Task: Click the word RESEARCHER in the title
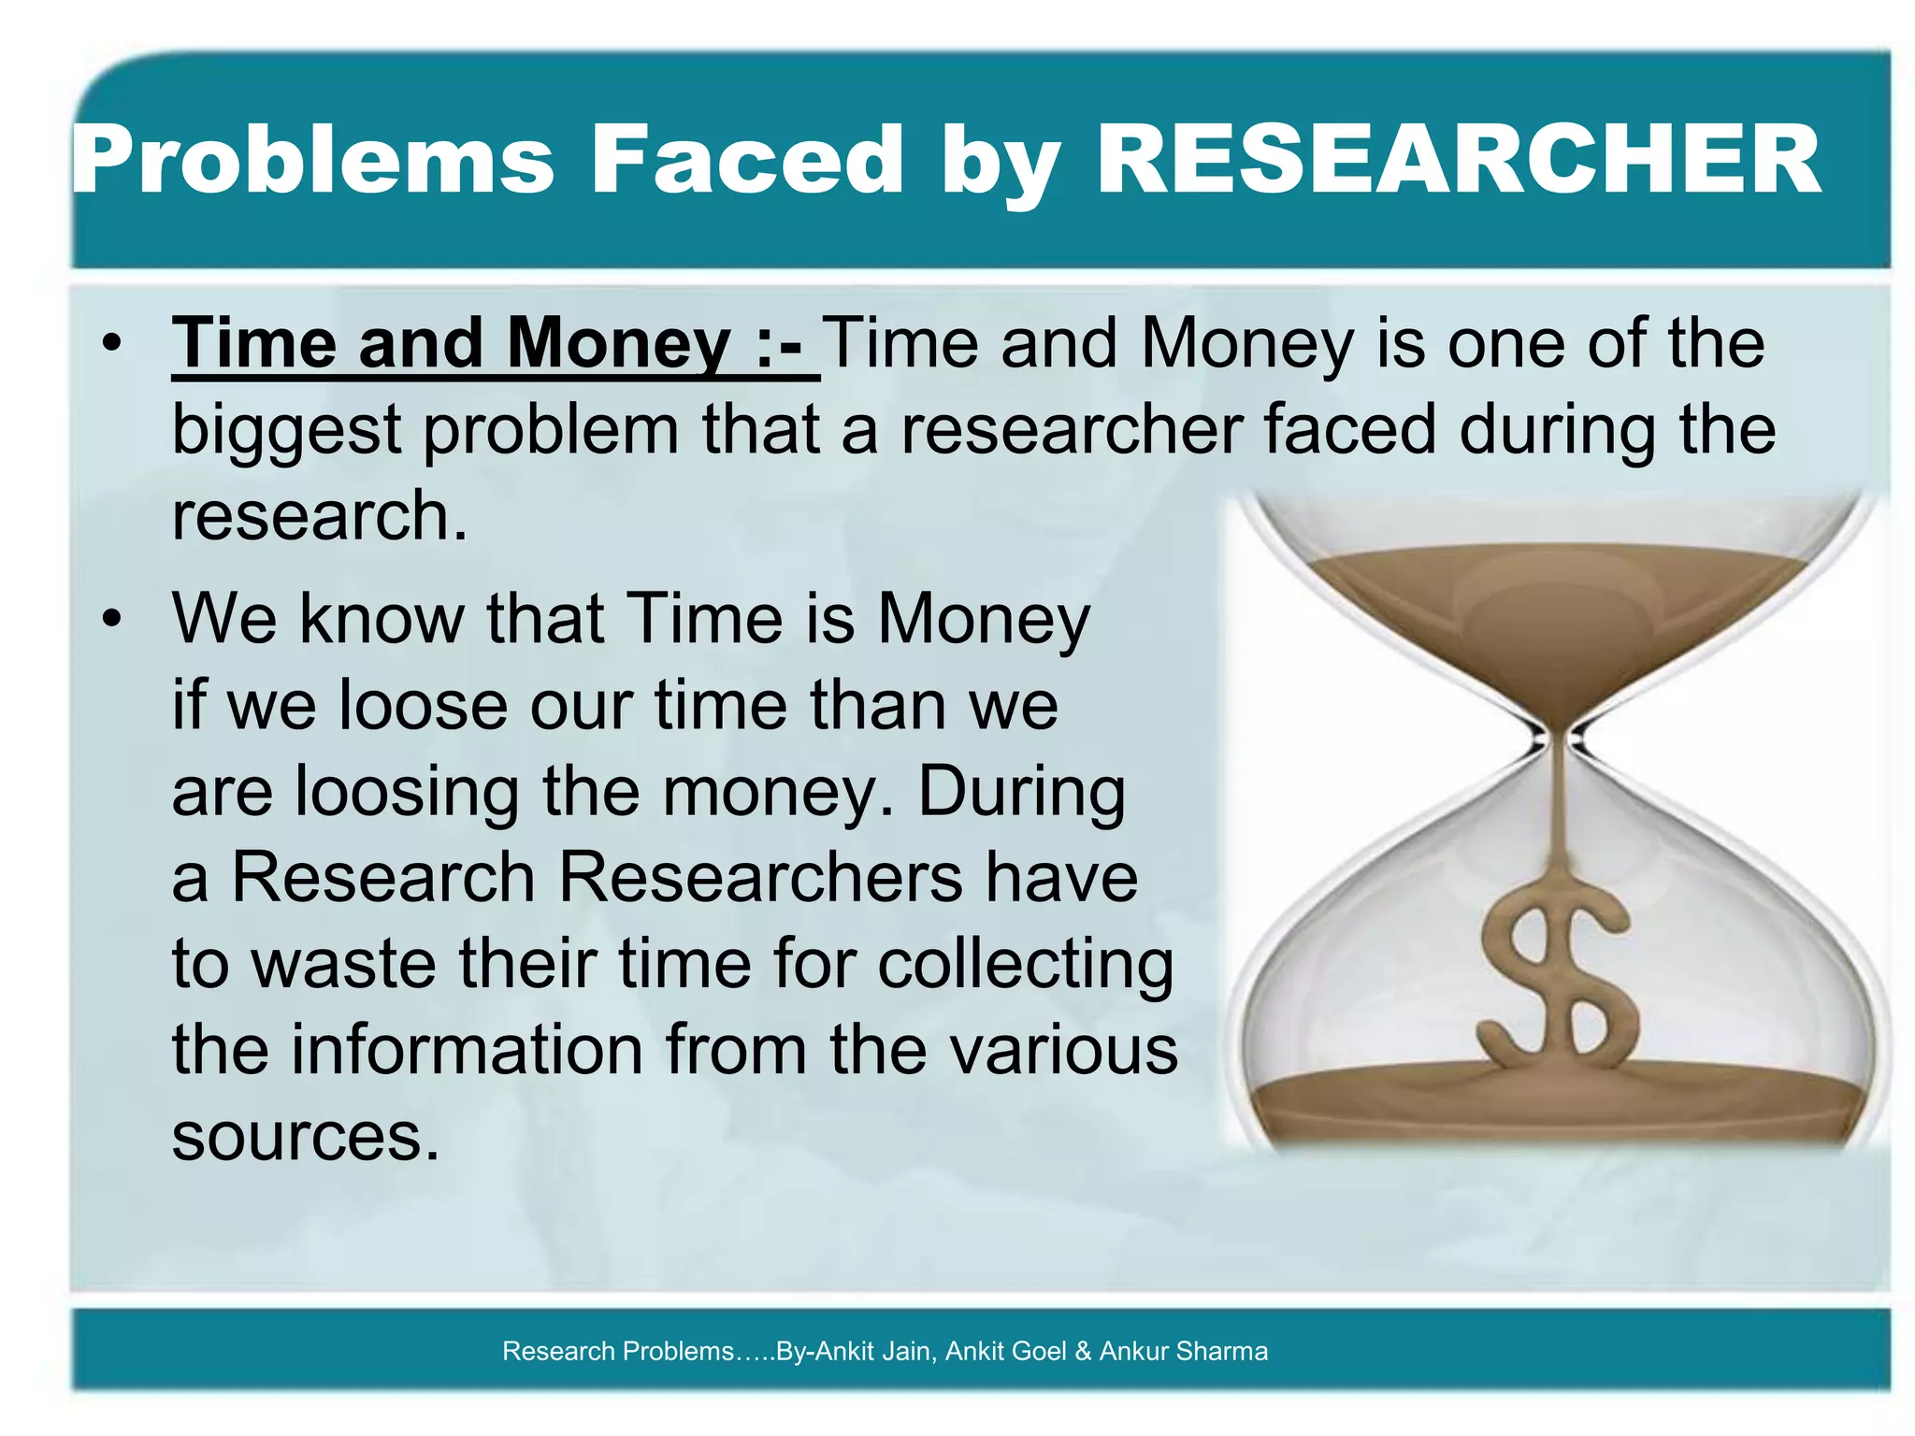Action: point(1458,161)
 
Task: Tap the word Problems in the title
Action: point(313,161)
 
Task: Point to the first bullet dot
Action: point(113,344)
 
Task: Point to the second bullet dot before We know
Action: point(113,620)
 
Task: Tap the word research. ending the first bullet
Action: point(319,517)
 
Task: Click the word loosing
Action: point(407,792)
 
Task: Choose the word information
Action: point(467,1050)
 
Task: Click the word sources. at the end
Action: point(305,1137)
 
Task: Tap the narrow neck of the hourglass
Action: point(1557,740)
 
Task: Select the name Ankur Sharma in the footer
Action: point(1184,1351)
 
